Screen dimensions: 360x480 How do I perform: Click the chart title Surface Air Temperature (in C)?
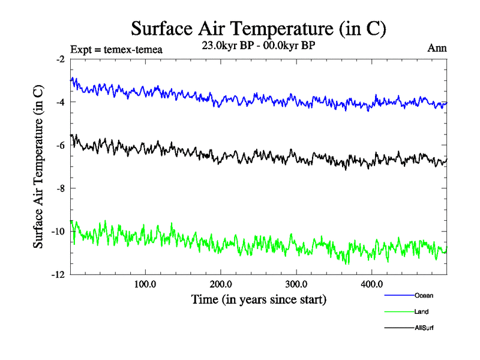(258, 28)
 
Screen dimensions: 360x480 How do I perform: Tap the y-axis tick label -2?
(60, 59)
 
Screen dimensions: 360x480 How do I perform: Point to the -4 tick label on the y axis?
(60, 102)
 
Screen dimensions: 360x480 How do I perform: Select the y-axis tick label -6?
(60, 145)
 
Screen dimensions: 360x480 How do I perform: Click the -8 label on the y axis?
(60, 188)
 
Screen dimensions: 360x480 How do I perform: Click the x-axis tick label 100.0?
(145, 284)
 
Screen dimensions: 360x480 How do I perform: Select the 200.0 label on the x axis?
(221, 284)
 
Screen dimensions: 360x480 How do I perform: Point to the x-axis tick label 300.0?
(296, 284)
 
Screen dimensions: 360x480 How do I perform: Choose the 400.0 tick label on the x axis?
(372, 284)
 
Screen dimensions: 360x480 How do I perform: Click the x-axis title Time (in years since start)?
(259, 298)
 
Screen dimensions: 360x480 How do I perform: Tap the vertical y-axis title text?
(38, 166)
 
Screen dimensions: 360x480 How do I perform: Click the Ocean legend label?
(423, 295)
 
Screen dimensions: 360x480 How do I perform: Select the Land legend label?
(421, 311)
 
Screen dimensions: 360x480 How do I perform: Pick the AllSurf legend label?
(424, 328)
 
